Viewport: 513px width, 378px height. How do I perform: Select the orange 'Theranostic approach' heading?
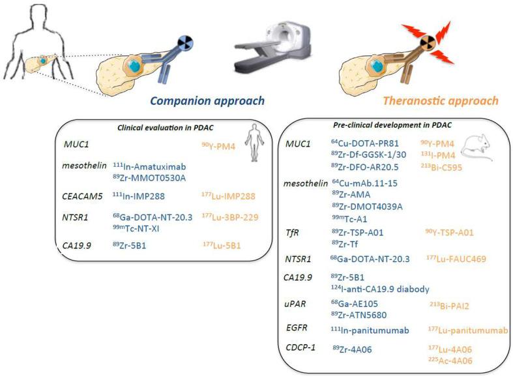click(x=450, y=101)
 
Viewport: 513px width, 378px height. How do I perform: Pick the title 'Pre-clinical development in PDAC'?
click(x=392, y=124)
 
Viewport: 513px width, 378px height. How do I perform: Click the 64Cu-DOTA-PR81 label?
click(x=370, y=143)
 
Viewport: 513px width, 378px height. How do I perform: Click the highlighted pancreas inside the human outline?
click(x=40, y=59)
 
